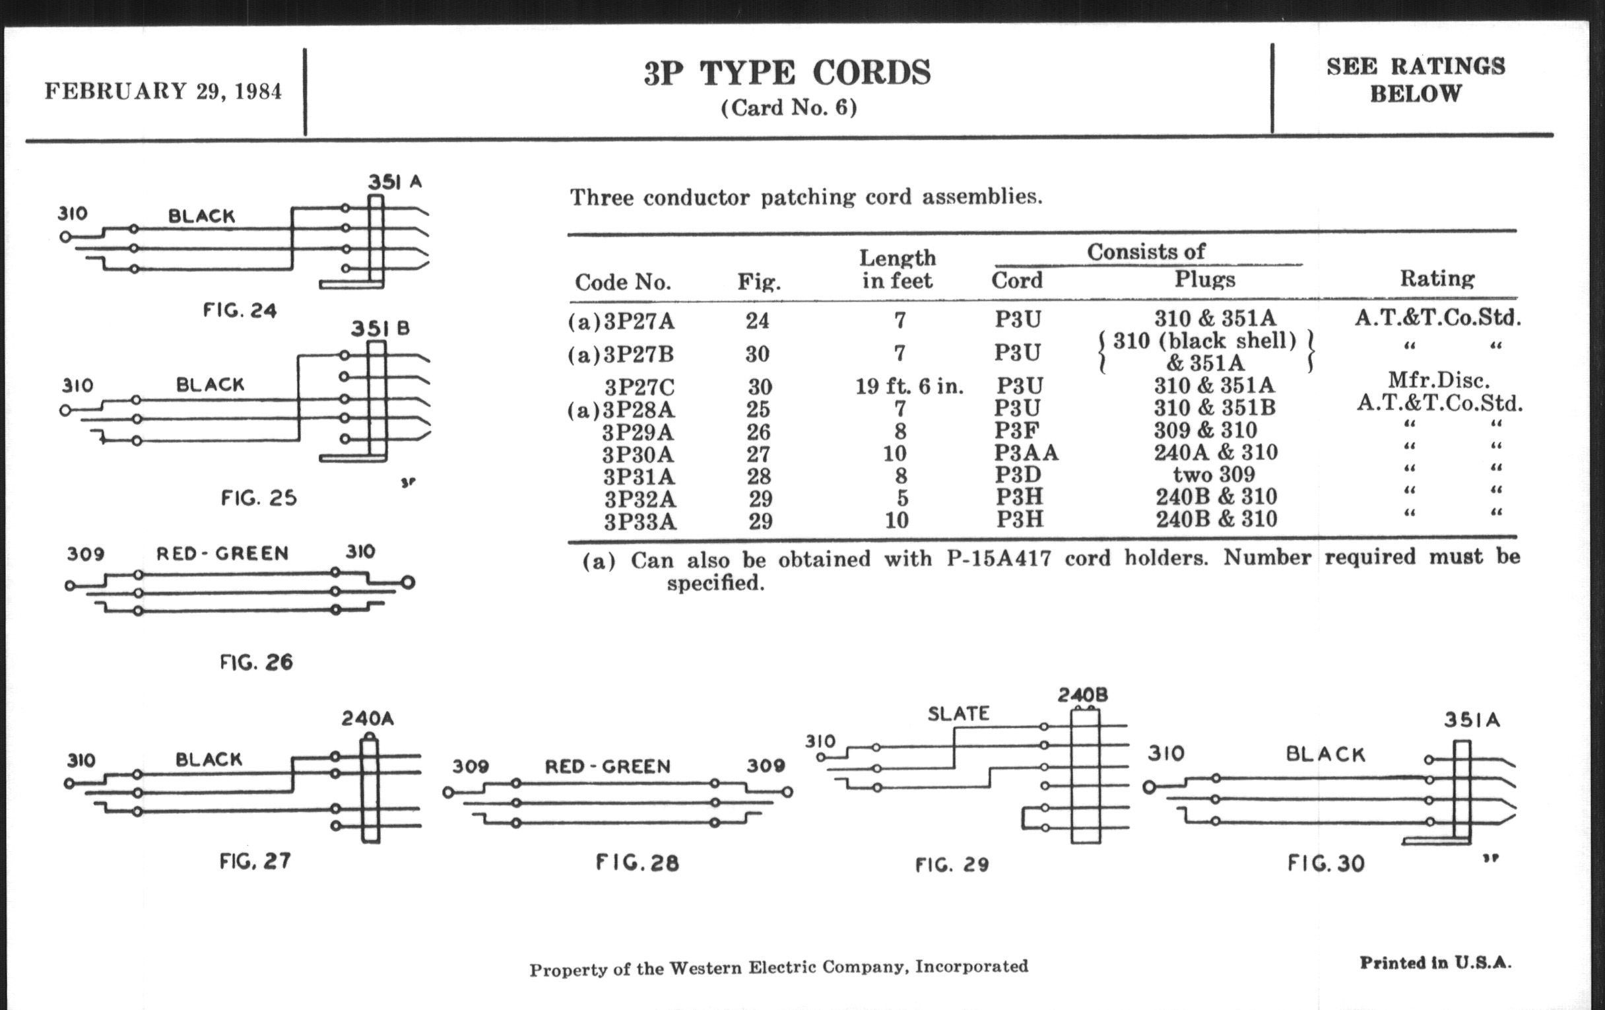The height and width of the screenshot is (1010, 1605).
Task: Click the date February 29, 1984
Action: click(163, 91)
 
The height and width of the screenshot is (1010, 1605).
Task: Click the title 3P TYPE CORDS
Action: click(787, 73)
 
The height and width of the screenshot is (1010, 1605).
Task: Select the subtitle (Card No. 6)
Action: click(789, 108)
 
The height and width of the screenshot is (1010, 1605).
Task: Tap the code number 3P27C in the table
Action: click(639, 387)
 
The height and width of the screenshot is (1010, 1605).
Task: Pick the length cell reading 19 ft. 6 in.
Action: click(909, 387)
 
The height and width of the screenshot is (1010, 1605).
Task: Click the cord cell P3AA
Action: click(1026, 454)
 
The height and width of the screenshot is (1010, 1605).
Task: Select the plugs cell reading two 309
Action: click(1214, 475)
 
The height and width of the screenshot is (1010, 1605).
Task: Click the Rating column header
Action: click(1436, 279)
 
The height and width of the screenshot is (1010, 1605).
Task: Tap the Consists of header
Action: click(1146, 252)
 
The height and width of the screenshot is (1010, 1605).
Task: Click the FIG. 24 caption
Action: click(240, 311)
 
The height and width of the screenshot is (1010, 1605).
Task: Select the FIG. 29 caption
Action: click(952, 865)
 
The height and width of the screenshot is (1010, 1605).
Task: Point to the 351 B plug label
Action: click(381, 329)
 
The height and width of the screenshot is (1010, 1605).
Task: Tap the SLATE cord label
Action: click(958, 714)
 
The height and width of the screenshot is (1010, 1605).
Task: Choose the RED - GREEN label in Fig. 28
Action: click(607, 766)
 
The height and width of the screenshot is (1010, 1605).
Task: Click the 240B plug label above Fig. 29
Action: click(1082, 695)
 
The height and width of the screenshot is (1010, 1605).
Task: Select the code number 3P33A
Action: click(640, 522)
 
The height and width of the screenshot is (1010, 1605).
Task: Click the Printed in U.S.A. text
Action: click(1435, 962)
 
